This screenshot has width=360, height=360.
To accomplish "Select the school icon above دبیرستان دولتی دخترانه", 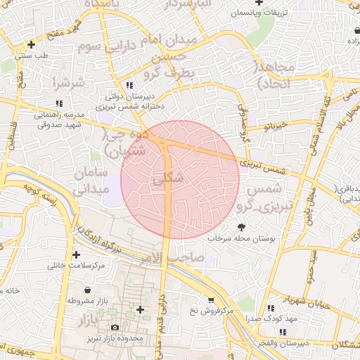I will click(x=129, y=84).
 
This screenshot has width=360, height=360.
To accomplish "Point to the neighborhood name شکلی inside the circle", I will click(x=168, y=179).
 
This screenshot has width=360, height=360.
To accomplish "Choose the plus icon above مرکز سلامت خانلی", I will click(x=75, y=255).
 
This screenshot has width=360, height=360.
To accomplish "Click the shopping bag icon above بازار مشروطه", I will click(x=86, y=290).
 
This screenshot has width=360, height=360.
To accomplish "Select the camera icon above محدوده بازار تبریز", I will click(x=115, y=328).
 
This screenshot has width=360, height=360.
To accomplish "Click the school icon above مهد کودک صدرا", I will click(x=271, y=308).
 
